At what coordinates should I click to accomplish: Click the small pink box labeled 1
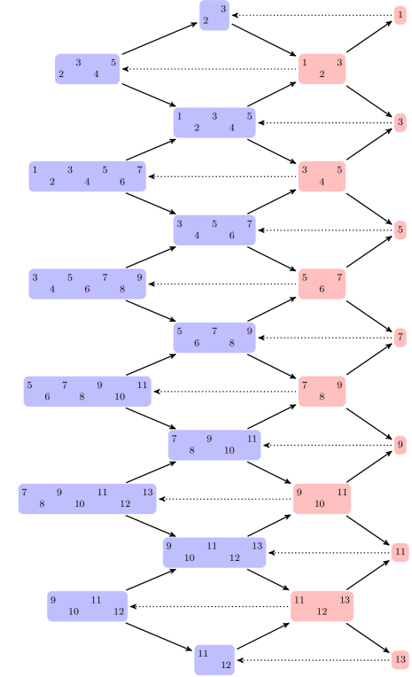pyautogui.click(x=400, y=15)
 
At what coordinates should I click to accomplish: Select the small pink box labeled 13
pyautogui.click(x=400, y=660)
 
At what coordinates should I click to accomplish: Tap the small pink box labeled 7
pyautogui.click(x=400, y=338)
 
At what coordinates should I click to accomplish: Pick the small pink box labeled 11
pyautogui.click(x=400, y=552)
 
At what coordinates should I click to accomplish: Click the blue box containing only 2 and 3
pyautogui.click(x=214, y=15)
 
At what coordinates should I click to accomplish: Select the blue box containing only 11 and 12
pyautogui.click(x=214, y=659)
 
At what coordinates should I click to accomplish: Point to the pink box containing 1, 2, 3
pyautogui.click(x=322, y=69)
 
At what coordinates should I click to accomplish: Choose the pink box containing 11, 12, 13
pyautogui.click(x=322, y=606)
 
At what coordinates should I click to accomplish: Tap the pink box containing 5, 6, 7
pyautogui.click(x=322, y=284)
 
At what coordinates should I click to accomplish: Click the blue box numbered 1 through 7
pyautogui.click(x=87, y=176)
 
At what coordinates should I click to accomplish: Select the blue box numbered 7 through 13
pyautogui.click(x=87, y=499)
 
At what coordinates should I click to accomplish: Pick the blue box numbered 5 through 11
pyautogui.click(x=87, y=391)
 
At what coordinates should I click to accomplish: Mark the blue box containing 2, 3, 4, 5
pyautogui.click(x=87, y=69)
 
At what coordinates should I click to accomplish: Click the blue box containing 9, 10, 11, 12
pyautogui.click(x=87, y=606)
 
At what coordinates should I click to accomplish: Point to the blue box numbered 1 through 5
pyautogui.click(x=214, y=122)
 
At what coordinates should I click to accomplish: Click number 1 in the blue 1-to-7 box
pyautogui.click(x=35, y=169)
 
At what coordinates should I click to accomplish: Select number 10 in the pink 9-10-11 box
pyautogui.click(x=319, y=504)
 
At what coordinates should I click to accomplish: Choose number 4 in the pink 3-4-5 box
pyautogui.click(x=322, y=183)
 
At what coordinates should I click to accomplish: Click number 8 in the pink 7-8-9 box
pyautogui.click(x=322, y=397)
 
